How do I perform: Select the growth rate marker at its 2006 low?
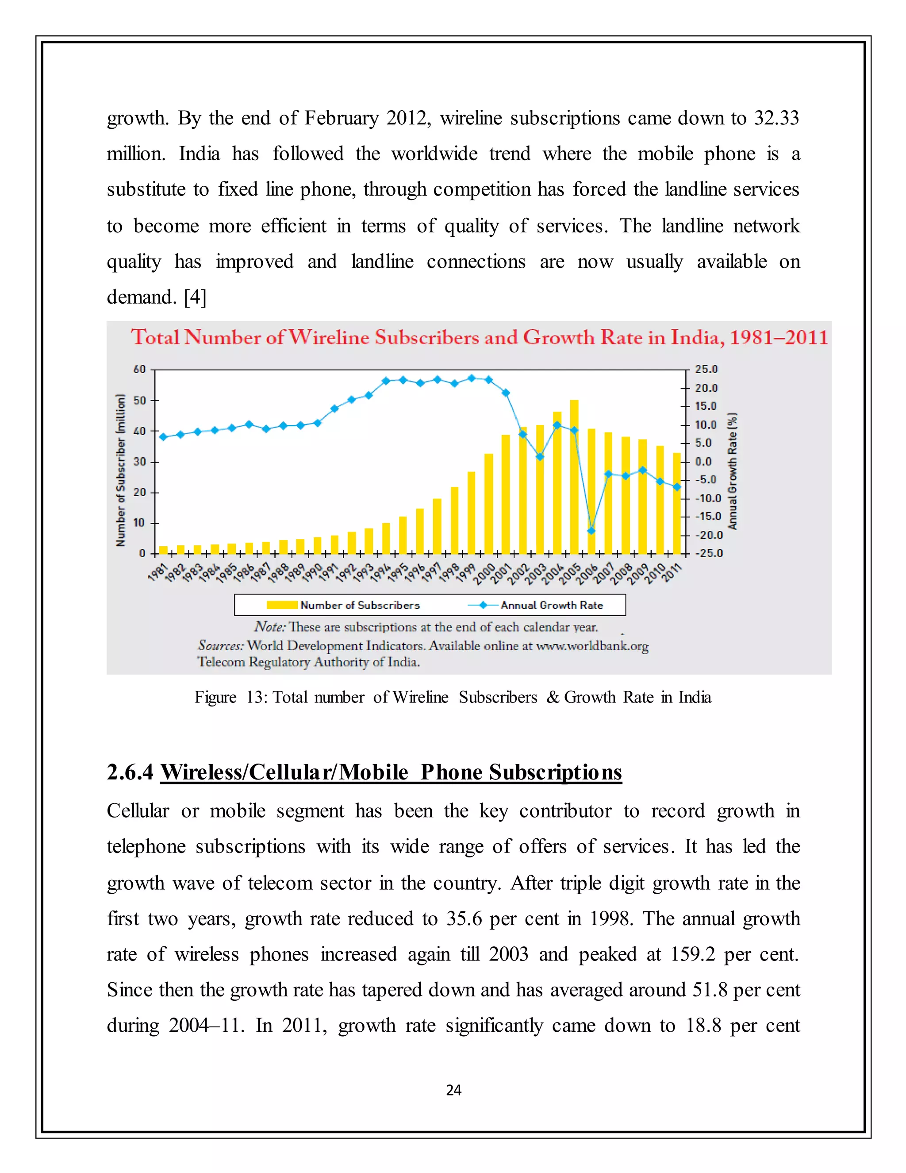click(x=591, y=531)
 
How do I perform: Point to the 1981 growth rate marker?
click(x=163, y=436)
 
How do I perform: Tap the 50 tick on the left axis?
click(x=139, y=400)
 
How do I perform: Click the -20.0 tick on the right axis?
click(x=709, y=535)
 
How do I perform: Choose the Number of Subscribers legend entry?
click(x=343, y=605)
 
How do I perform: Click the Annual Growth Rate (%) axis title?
click(x=732, y=471)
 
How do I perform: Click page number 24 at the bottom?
click(x=453, y=1090)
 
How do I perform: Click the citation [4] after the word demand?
click(x=195, y=297)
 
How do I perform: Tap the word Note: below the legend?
click(x=270, y=626)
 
